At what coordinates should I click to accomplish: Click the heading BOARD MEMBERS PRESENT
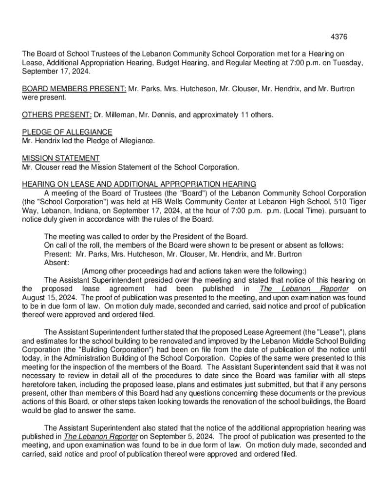click(74, 89)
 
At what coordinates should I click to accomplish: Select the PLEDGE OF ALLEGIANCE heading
click(67, 133)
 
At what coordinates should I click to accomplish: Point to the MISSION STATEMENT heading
click(61, 158)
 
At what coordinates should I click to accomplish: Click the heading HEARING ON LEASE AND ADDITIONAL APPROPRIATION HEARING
click(139, 184)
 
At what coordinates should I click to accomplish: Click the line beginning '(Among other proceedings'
click(194, 271)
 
